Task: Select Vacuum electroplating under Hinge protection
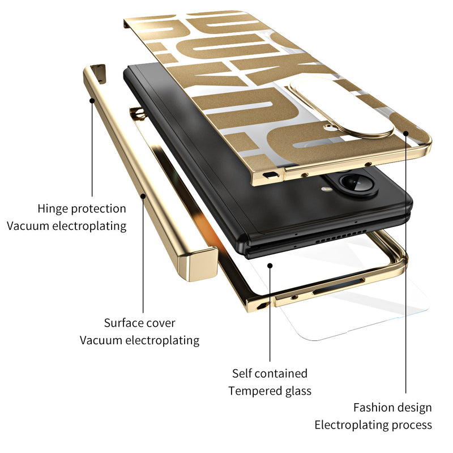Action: click(66, 226)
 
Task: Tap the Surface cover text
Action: click(139, 323)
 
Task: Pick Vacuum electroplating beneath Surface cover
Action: click(139, 340)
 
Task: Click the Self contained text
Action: click(270, 373)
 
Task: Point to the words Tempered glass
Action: click(270, 391)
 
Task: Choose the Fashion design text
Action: click(392, 407)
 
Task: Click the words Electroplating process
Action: click(373, 425)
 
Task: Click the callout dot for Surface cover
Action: click(143, 196)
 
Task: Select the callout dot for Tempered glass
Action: click(270, 264)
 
